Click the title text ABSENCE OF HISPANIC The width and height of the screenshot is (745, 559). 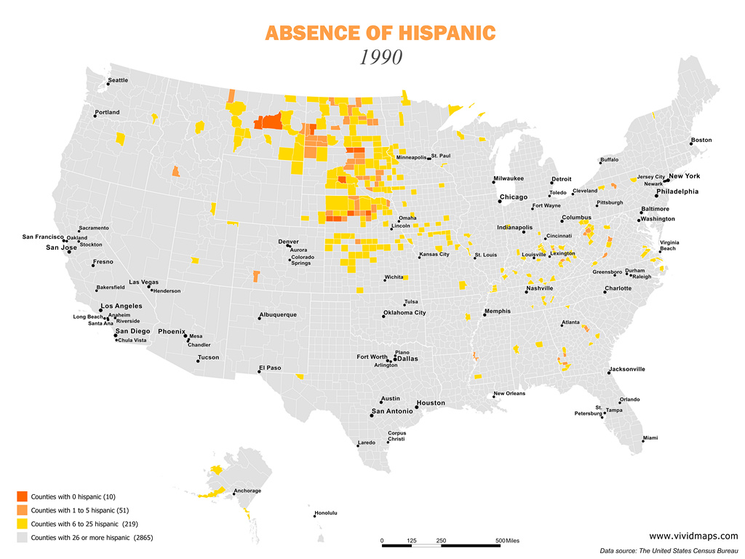pyautogui.click(x=381, y=33)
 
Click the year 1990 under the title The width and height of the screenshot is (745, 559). pyautogui.click(x=381, y=57)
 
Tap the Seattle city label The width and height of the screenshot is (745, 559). pyautogui.click(x=118, y=80)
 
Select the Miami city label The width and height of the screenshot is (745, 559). pyautogui.click(x=650, y=437)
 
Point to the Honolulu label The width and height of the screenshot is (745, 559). pyautogui.click(x=325, y=512)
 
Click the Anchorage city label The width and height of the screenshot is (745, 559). pyautogui.click(x=247, y=491)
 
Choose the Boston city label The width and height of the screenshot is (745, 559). pyautogui.click(x=701, y=140)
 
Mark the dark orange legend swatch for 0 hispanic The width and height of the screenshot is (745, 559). pyautogui.click(x=21, y=496)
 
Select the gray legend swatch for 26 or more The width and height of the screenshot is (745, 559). pyautogui.click(x=21, y=538)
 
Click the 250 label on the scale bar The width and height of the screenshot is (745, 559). pyautogui.click(x=441, y=541)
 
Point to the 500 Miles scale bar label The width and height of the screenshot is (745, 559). pyautogui.click(x=509, y=541)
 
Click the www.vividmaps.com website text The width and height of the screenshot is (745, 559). pyautogui.click(x=693, y=536)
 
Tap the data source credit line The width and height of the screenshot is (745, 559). pyautogui.click(x=669, y=551)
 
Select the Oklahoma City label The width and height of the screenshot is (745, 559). pyautogui.click(x=405, y=313)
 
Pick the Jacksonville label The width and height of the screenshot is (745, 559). pyautogui.click(x=627, y=369)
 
